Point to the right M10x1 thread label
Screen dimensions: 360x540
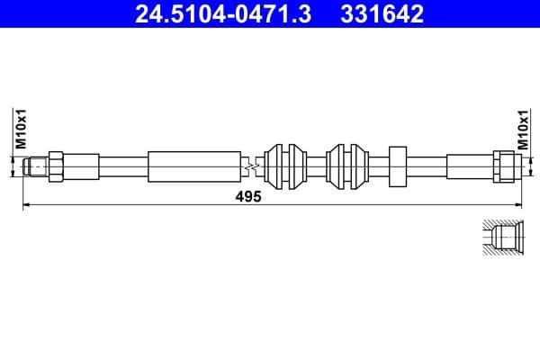521,128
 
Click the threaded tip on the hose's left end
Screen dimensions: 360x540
36,166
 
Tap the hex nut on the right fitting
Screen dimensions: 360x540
504,166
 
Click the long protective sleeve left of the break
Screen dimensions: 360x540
194,166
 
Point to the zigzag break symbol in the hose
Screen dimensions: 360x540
253,166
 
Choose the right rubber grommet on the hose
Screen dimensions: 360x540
347,166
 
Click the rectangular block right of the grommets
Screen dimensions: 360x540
399,166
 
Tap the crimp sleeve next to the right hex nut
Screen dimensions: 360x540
469,166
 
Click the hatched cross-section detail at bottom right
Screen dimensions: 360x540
499,239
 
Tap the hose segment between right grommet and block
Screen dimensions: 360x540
378,166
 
